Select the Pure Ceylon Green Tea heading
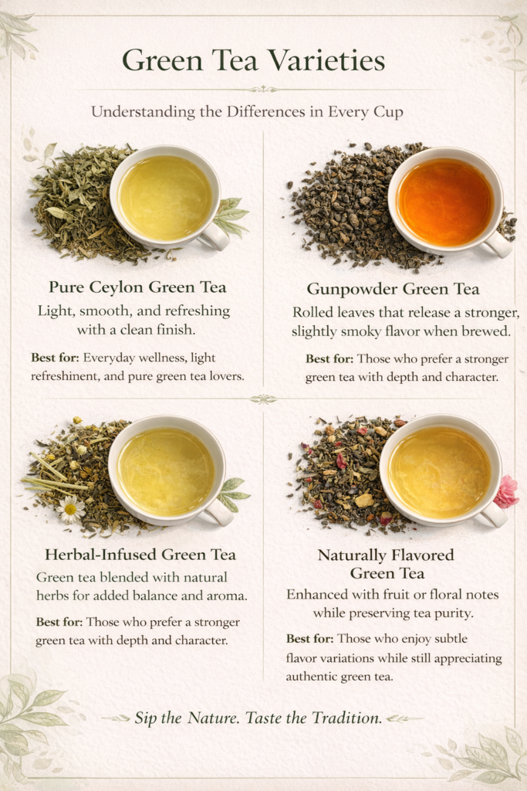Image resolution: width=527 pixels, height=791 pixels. (x=137, y=287)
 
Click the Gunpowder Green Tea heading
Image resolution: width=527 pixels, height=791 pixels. (x=393, y=289)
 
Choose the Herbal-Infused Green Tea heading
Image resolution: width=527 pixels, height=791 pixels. (x=140, y=555)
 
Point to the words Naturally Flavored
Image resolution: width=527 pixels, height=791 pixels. (x=386, y=555)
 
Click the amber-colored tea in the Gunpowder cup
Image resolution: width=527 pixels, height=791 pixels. (x=445, y=202)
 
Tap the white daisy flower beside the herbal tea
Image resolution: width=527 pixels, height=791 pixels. (x=70, y=508)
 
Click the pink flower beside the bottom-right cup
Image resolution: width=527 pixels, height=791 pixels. (x=505, y=491)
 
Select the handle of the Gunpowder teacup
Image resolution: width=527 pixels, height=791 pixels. (x=497, y=243)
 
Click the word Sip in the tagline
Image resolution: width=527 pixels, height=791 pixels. (x=146, y=718)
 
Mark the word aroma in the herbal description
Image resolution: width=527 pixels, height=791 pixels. (x=227, y=596)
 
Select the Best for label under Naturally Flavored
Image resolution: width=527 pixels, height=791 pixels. (x=310, y=639)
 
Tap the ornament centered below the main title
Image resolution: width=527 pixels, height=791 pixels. (x=263, y=90)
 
